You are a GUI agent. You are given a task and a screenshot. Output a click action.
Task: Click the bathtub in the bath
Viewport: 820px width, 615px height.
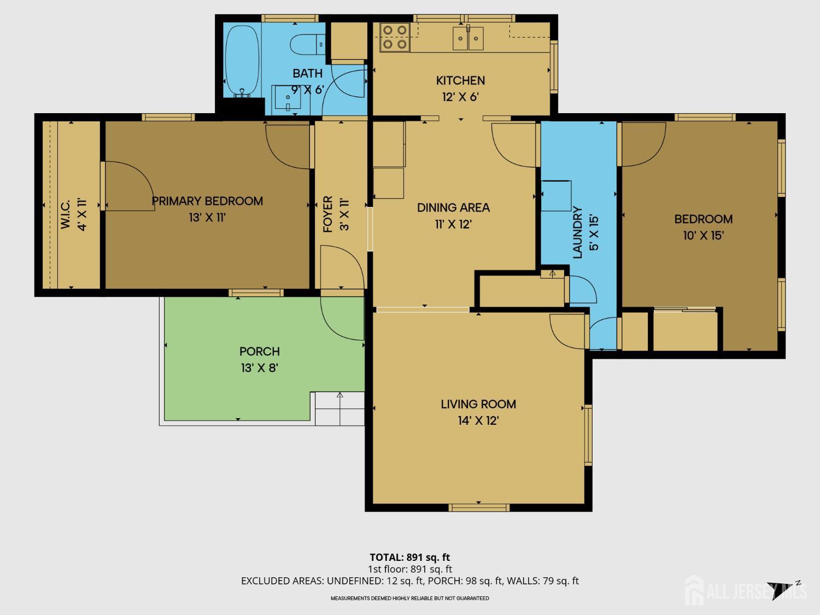tap(242, 61)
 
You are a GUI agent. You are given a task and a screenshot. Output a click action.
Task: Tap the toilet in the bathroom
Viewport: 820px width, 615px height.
tap(307, 44)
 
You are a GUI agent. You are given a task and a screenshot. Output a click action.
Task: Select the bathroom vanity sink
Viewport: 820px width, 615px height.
tap(288, 98)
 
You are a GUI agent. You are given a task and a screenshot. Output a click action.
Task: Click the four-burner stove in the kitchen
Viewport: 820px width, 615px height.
tap(395, 37)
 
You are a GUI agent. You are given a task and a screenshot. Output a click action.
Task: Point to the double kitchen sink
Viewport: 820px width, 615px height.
tap(468, 38)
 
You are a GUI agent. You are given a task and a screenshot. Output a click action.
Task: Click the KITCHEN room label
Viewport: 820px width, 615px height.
tap(460, 81)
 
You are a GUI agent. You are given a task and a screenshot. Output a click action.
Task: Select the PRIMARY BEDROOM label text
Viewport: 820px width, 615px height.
tap(207, 201)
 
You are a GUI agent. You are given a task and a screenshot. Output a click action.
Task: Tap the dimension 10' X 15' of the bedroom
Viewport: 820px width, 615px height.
tap(704, 236)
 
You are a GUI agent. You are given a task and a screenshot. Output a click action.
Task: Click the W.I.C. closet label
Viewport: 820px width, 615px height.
tap(65, 214)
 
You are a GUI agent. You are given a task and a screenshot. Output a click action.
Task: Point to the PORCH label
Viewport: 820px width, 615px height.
tap(260, 352)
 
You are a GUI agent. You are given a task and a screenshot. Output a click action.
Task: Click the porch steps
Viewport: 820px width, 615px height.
tap(339, 408)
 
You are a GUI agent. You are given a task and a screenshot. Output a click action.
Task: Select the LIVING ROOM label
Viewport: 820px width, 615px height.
tap(478, 404)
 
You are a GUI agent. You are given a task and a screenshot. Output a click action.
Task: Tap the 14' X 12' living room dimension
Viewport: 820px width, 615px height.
tap(478, 421)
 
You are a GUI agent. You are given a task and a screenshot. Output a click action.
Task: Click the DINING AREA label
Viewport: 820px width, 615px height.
tap(453, 208)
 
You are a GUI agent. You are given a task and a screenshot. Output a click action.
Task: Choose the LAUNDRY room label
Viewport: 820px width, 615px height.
tap(577, 232)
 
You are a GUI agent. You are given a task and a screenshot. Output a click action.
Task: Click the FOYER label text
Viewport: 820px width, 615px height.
tap(327, 214)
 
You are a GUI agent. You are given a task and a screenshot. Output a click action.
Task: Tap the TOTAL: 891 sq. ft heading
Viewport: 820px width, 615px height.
tap(410, 558)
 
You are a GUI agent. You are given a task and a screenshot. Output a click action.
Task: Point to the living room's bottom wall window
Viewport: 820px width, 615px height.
tap(479, 507)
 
